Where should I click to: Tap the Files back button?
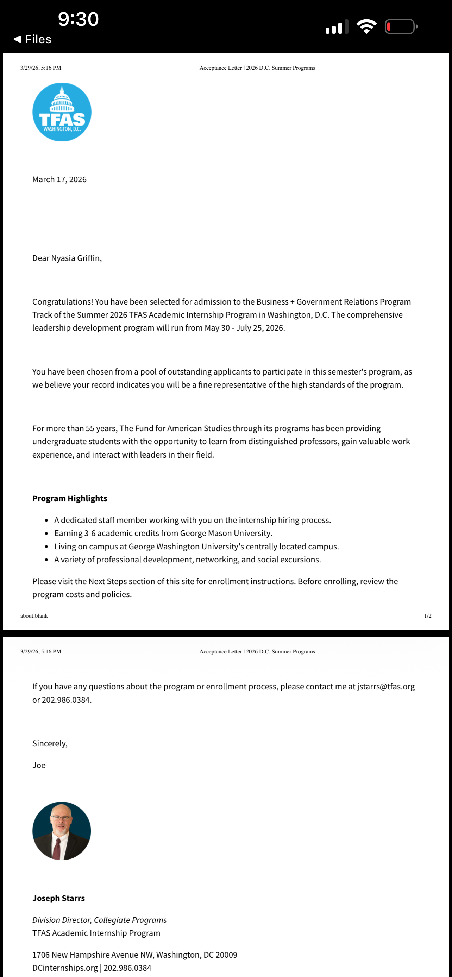point(33,39)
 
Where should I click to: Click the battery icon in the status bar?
point(400,26)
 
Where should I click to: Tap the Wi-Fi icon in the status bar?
point(366,26)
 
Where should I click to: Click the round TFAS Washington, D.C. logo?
point(62,112)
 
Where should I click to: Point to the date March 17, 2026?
point(59,179)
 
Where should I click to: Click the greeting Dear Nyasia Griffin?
point(67,258)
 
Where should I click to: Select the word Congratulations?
point(62,302)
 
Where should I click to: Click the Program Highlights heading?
point(70,498)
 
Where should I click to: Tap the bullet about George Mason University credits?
point(163,533)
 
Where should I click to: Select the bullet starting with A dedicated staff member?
point(193,521)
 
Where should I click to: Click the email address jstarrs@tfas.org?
point(385,687)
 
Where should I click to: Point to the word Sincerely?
point(50,743)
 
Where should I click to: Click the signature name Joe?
point(39,765)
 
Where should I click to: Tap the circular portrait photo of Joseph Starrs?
point(62,831)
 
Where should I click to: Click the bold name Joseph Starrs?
point(58,898)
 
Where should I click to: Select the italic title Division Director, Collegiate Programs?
point(99,920)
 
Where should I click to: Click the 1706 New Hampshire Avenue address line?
point(135,954)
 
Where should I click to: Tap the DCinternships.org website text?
point(65,968)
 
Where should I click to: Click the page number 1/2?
point(428,615)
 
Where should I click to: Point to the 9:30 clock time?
point(78,19)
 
